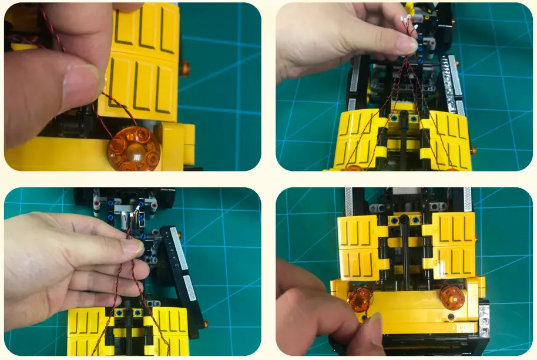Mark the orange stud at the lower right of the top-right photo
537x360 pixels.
pyautogui.click(x=474, y=151)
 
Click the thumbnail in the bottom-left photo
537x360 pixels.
pyautogui.click(x=132, y=247)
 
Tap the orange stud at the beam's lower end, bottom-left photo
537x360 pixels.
pyautogui.click(x=206, y=323)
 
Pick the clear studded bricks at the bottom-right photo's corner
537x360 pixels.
pyautogui.click(x=484, y=319)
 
